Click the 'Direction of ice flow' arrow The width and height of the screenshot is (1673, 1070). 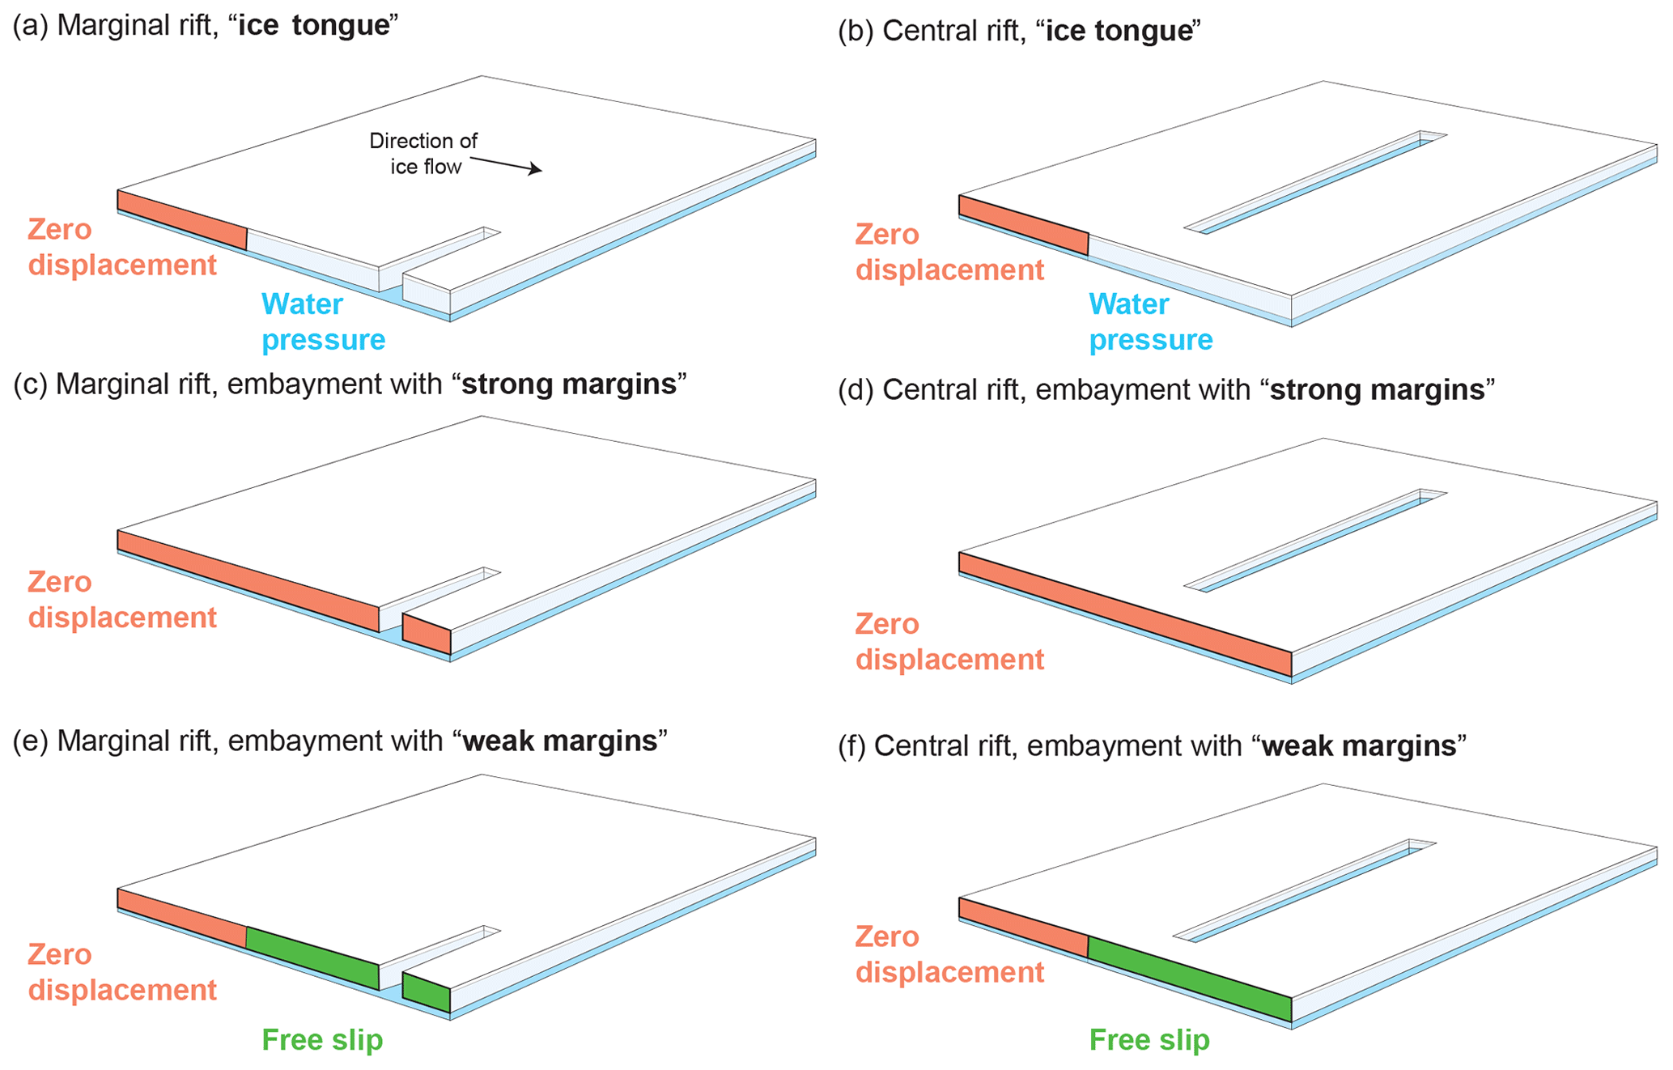pyautogui.click(x=506, y=164)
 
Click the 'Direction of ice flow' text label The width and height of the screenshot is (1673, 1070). pyautogui.click(x=423, y=154)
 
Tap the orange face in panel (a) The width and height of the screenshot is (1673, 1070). pyautogui.click(x=182, y=219)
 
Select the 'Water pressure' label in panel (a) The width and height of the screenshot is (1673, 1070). pyautogui.click(x=323, y=322)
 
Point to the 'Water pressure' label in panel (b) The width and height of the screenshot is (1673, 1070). pyautogui.click(x=1150, y=322)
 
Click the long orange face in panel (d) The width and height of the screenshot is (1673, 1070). pyautogui.click(x=1125, y=614)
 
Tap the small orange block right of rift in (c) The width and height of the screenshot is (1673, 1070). pyautogui.click(x=427, y=634)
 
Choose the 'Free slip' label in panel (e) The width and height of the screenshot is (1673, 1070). pyautogui.click(x=322, y=1040)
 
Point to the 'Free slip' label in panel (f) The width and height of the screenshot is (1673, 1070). pyautogui.click(x=1149, y=1040)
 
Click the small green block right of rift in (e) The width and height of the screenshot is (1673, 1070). pyautogui.click(x=427, y=992)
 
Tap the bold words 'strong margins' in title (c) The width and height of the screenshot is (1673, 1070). pyautogui.click(x=569, y=384)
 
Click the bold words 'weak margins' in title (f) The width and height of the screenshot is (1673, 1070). pyautogui.click(x=1359, y=745)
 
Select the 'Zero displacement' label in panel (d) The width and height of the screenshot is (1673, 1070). pyautogui.click(x=949, y=642)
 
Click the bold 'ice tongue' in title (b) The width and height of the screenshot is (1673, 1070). pyautogui.click(x=1119, y=31)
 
